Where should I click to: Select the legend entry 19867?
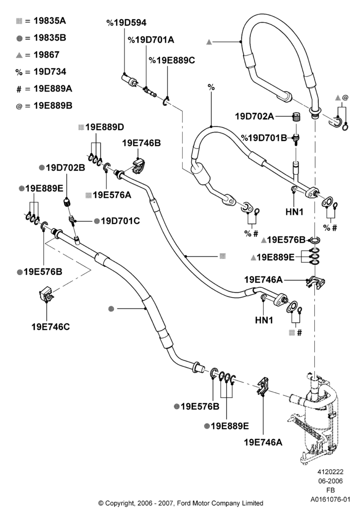(38, 55)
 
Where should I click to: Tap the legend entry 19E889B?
(44, 105)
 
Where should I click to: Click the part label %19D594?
(126, 23)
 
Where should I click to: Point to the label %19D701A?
(151, 40)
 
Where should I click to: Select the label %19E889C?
(172, 60)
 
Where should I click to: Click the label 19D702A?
(255, 116)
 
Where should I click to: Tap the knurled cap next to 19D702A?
(296, 117)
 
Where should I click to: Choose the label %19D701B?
(264, 138)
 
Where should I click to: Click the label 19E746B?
(141, 143)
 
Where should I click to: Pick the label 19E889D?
(101, 127)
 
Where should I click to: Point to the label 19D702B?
(62, 168)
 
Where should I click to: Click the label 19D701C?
(117, 221)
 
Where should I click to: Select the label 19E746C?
(51, 327)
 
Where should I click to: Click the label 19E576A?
(108, 195)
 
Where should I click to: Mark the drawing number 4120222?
(330, 472)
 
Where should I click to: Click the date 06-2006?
(330, 481)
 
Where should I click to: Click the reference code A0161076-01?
(331, 500)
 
